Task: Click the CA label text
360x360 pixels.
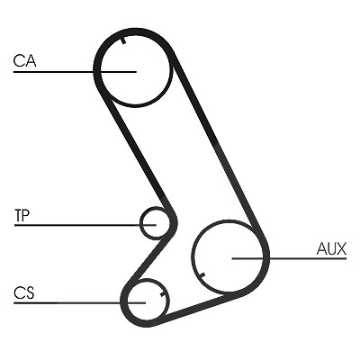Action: pyautogui.click(x=24, y=60)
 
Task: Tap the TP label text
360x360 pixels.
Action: pyautogui.click(x=22, y=215)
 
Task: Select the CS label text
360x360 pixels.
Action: pyautogui.click(x=24, y=292)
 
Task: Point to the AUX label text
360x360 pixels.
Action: pyautogui.click(x=331, y=248)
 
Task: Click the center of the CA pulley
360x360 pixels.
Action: pyautogui.click(x=136, y=72)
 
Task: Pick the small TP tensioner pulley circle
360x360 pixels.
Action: pyautogui.click(x=141, y=223)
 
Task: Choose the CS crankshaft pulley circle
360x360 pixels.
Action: pyautogui.click(x=129, y=300)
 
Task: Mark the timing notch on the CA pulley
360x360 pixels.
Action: pyautogui.click(x=123, y=40)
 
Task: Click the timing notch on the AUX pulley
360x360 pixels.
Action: pyautogui.click(x=202, y=274)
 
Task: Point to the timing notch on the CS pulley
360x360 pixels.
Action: pyautogui.click(x=163, y=293)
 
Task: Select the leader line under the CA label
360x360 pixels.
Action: pyautogui.click(x=75, y=72)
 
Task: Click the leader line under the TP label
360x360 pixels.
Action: pyautogui.click(x=85, y=224)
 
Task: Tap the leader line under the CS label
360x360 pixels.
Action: pyautogui.click(x=79, y=302)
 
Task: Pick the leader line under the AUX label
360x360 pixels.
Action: pyautogui.click(x=290, y=258)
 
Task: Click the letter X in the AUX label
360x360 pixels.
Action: pyautogui.click(x=341, y=249)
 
